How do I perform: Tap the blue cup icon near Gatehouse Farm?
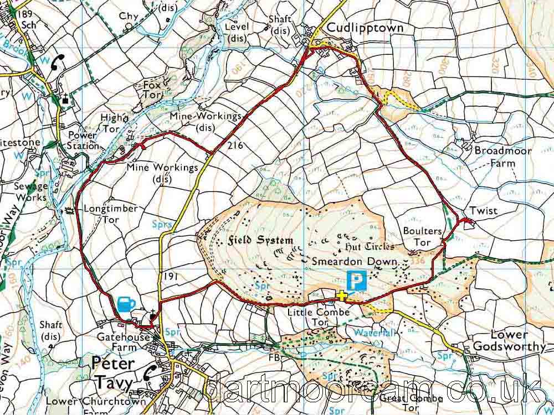126,304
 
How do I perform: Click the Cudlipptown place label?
372,28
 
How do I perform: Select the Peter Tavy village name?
113,372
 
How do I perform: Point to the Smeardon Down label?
355,261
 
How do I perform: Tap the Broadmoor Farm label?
502,157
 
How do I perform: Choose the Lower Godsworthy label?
509,341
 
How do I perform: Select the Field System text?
260,240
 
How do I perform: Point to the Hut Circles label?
370,246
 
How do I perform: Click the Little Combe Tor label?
319,317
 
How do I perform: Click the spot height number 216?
235,146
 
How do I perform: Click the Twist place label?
484,211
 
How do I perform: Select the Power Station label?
82,141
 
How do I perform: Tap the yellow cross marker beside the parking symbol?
341,295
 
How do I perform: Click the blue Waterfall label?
374,333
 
